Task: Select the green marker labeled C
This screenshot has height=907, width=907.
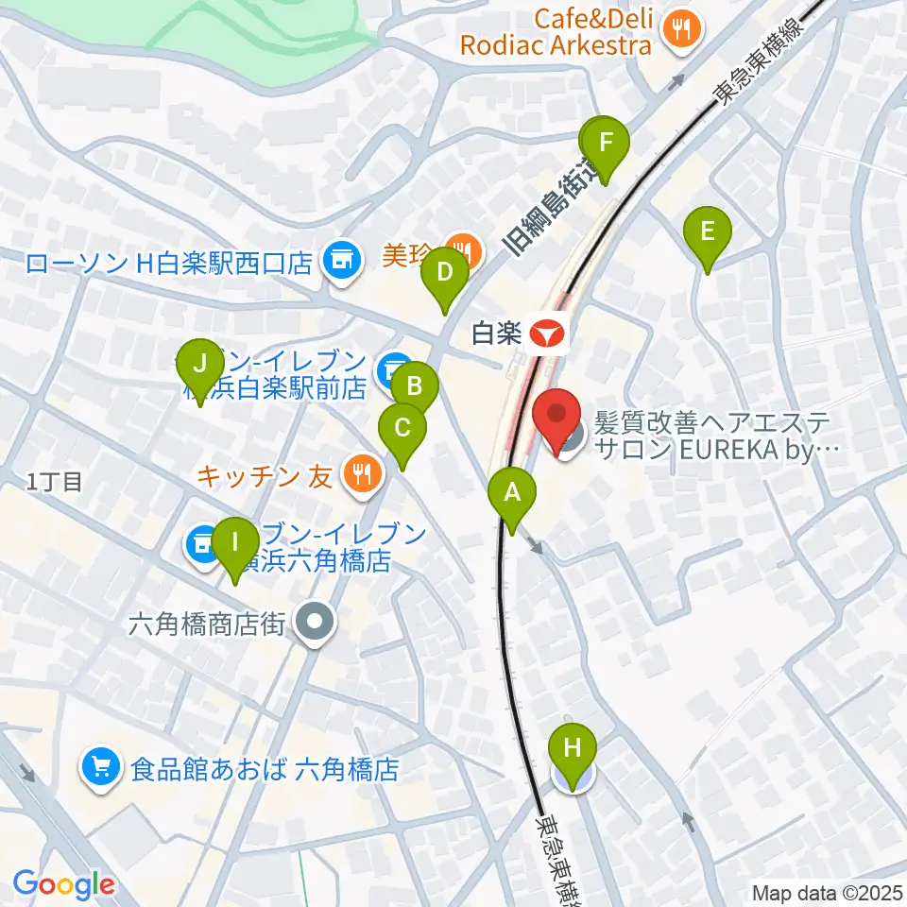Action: [402, 429]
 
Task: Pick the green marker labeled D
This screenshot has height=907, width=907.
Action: [445, 274]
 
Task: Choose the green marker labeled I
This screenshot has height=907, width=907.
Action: [235, 544]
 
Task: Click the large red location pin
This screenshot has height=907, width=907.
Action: [557, 417]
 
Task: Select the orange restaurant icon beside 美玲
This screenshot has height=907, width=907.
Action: [464, 250]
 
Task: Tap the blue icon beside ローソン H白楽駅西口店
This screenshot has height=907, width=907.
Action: [340, 262]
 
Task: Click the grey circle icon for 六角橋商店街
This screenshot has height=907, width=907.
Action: [314, 623]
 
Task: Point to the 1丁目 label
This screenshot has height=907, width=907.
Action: [55, 482]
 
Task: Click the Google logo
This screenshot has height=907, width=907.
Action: [64, 883]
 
